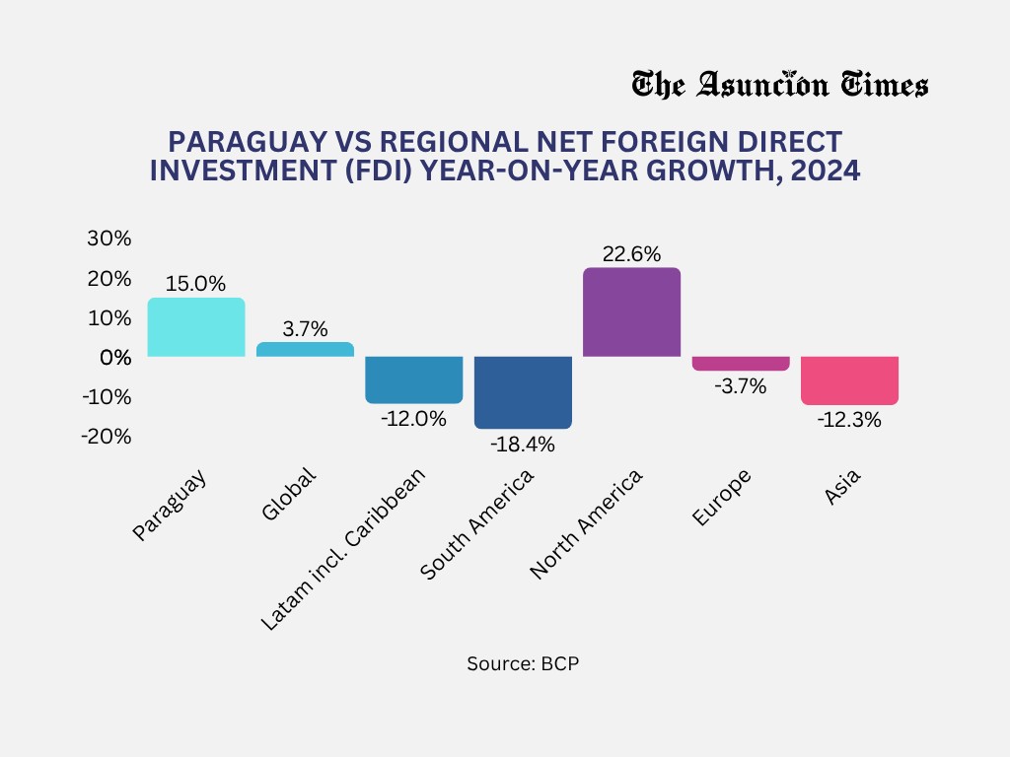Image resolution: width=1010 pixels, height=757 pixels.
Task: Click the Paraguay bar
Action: [x=196, y=327]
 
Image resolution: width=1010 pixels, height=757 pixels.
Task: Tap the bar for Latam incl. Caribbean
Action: [x=414, y=379]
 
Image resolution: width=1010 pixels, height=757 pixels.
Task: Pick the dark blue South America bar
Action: [x=523, y=392]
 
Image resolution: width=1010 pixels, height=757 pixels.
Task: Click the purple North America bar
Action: [x=632, y=312]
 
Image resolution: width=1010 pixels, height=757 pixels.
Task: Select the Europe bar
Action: [x=741, y=364]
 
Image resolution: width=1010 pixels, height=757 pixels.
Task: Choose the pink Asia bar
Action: [x=849, y=380]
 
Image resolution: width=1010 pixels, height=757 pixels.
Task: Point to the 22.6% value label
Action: [x=632, y=253]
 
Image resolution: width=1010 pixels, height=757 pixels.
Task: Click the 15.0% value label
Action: [x=196, y=284]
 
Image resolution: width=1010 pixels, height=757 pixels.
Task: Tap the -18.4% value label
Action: [x=523, y=445]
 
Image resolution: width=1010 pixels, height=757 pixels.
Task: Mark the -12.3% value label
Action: [x=849, y=420]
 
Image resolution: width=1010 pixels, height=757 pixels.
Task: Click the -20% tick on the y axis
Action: [x=106, y=436]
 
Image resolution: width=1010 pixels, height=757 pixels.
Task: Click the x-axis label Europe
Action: [x=723, y=498]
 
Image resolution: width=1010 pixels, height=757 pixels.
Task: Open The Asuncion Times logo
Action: [x=779, y=85]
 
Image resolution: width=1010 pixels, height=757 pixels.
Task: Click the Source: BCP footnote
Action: [x=523, y=663]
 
